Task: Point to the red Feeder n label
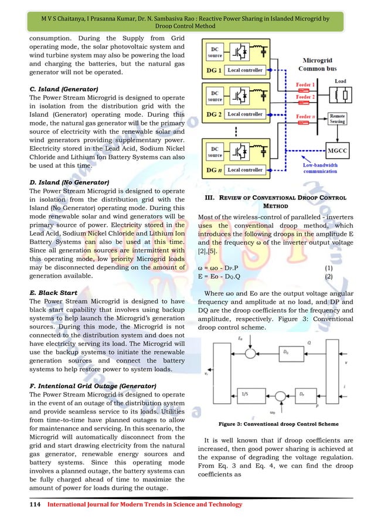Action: (x=303, y=117)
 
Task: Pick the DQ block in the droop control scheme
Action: (x=285, y=352)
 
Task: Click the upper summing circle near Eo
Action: (x=251, y=352)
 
